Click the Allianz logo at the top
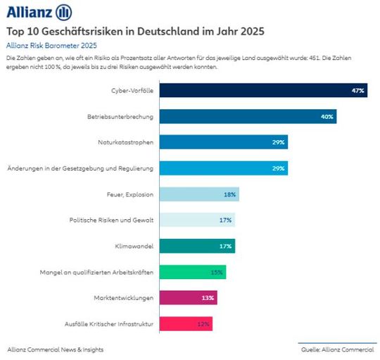pyautogui.click(x=39, y=12)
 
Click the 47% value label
pyautogui.click(x=357, y=91)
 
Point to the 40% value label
pyautogui.click(x=327, y=116)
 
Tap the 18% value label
pyautogui.click(x=229, y=194)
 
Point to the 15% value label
pyautogui.click(x=216, y=272)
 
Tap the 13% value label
pyautogui.click(x=208, y=298)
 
